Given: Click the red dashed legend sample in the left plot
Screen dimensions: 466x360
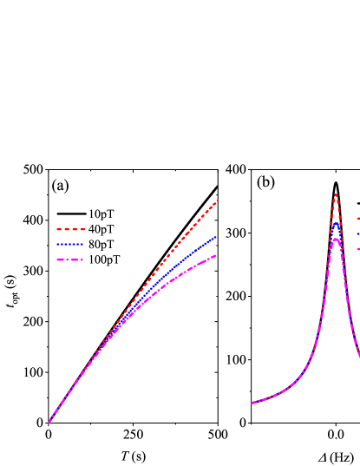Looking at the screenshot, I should [71, 229].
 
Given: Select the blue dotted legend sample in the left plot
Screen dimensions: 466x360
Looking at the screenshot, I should [71, 245].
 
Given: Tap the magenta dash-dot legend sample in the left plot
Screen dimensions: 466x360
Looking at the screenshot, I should [71, 259].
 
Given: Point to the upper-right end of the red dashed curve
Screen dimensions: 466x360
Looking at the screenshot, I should [217, 200].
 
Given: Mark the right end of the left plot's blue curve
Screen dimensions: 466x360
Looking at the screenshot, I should [216, 236].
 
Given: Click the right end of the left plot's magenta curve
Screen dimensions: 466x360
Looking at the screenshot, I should [216, 255].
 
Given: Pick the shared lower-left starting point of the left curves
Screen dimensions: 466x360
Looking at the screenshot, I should [49, 423].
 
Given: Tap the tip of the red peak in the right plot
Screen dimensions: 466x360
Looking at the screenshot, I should [336, 194].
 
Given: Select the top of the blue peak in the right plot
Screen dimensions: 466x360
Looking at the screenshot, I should [336, 223].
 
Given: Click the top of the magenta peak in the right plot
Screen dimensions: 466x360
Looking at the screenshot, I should [336, 239].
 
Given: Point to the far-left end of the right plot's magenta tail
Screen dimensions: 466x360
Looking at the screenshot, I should [252, 403].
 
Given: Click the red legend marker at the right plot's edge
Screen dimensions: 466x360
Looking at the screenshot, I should [357, 219].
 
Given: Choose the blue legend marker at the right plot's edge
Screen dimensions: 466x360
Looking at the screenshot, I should [357, 233].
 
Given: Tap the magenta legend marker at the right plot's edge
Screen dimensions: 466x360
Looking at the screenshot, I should [357, 249].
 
